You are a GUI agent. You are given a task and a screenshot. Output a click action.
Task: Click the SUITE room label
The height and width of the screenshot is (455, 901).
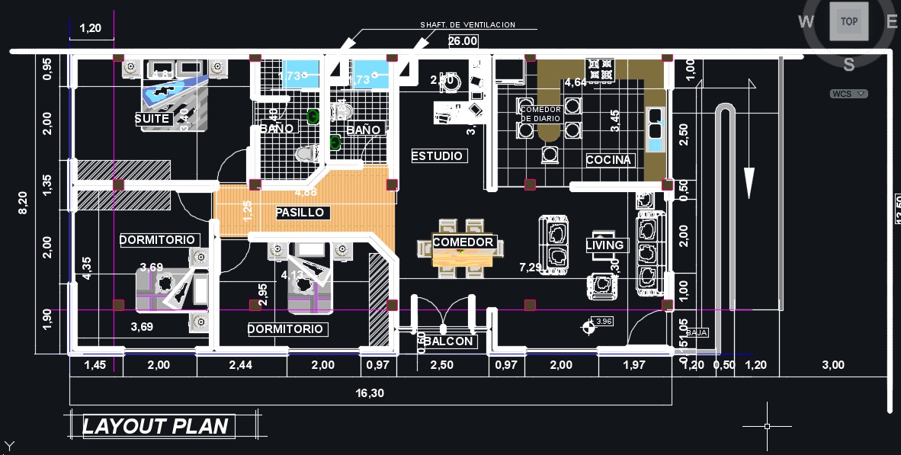pos(152,119)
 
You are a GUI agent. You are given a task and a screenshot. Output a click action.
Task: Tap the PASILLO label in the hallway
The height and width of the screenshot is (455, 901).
pos(300,213)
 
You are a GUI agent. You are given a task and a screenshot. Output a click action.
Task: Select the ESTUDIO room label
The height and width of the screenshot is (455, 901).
pos(438,155)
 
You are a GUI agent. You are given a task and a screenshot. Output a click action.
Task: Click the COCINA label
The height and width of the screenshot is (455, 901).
pos(608,160)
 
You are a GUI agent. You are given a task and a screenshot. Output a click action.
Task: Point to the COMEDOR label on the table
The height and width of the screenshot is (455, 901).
pos(463,242)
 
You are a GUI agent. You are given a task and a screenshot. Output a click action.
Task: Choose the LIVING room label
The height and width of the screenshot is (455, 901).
pos(605,245)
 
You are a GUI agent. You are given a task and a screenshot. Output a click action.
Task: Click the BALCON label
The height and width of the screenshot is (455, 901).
pos(449,341)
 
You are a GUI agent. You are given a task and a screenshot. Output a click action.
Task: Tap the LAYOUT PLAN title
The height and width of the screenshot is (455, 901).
pos(156,426)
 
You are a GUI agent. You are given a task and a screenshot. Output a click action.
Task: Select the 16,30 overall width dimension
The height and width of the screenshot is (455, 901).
pos(370,393)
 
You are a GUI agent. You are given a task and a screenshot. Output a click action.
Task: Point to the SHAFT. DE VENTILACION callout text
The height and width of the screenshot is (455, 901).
pos(468,25)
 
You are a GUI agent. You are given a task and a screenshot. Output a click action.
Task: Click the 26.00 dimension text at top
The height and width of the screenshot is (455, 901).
pos(463,41)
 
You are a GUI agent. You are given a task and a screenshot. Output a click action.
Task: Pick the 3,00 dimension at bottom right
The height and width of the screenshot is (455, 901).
pos(833,365)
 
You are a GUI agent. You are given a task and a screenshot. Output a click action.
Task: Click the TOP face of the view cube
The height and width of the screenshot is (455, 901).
pos(848,22)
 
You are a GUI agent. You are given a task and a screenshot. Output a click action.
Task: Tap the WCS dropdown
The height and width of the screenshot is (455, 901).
pos(849,94)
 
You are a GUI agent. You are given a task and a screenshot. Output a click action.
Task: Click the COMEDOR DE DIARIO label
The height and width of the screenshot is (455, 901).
pos(541,114)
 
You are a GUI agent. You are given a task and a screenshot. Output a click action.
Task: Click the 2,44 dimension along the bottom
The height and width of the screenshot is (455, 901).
pos(242,365)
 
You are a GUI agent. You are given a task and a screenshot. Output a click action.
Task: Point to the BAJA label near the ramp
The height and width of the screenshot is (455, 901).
pos(696,333)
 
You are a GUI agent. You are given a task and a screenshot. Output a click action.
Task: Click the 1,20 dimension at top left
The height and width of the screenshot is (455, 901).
pos(91,28)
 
